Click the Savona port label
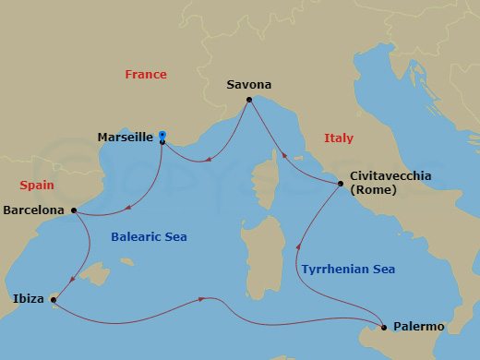tap(248, 85)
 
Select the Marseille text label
tap(125, 138)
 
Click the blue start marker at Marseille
tap(162, 134)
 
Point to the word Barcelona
tap(34, 210)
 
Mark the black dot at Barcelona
tap(73, 211)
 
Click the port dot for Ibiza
tap(54, 299)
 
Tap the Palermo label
tap(418, 327)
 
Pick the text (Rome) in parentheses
tap(373, 190)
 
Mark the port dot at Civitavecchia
tap(341, 185)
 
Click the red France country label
tap(146, 75)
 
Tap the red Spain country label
tap(36, 185)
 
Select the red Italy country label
tap(339, 138)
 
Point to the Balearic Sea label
tap(149, 237)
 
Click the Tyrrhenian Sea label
tap(348, 269)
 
